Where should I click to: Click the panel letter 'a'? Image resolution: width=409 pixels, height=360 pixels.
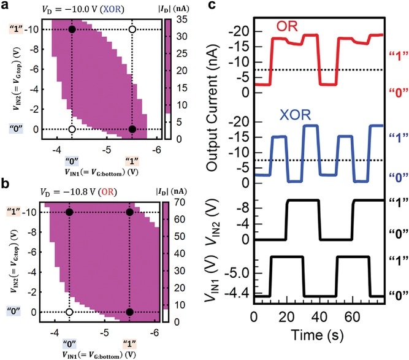pos(6,7)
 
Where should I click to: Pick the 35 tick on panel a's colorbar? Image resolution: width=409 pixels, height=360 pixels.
pos(178,20)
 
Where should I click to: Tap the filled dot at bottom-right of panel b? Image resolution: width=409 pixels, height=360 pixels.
pos(129,312)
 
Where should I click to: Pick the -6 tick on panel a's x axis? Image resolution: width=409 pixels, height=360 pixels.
pos(156,150)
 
